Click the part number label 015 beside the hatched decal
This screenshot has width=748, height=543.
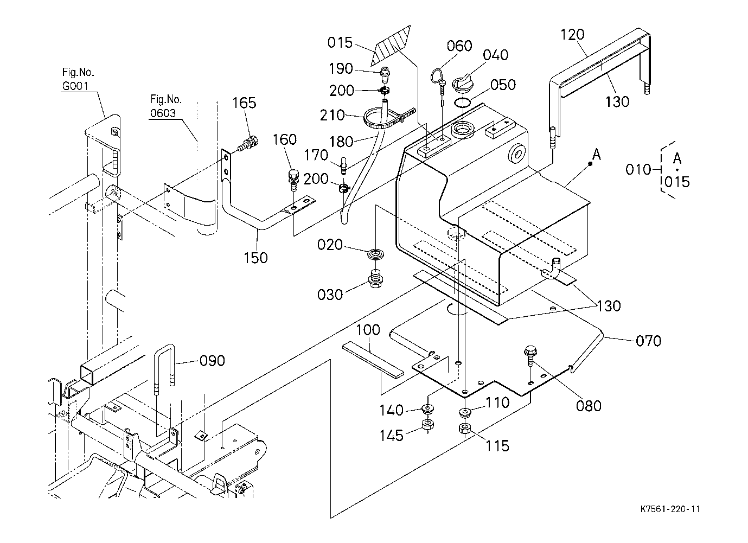point(340,43)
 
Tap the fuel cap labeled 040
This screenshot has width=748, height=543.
point(463,86)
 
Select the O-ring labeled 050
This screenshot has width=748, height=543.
point(463,102)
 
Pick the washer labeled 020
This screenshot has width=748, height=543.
point(375,253)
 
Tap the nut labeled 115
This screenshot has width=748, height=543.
point(464,429)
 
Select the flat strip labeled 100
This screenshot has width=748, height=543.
point(373,359)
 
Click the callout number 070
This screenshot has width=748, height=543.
point(648,341)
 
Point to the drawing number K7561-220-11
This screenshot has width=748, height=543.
point(670,509)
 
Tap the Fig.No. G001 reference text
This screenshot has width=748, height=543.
point(78,79)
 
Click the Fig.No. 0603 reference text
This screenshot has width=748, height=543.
point(165,106)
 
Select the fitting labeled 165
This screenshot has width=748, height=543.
point(248,144)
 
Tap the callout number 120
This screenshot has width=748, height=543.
point(573,34)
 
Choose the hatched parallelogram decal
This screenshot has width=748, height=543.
point(391,46)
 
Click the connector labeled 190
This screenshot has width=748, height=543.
point(385,75)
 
